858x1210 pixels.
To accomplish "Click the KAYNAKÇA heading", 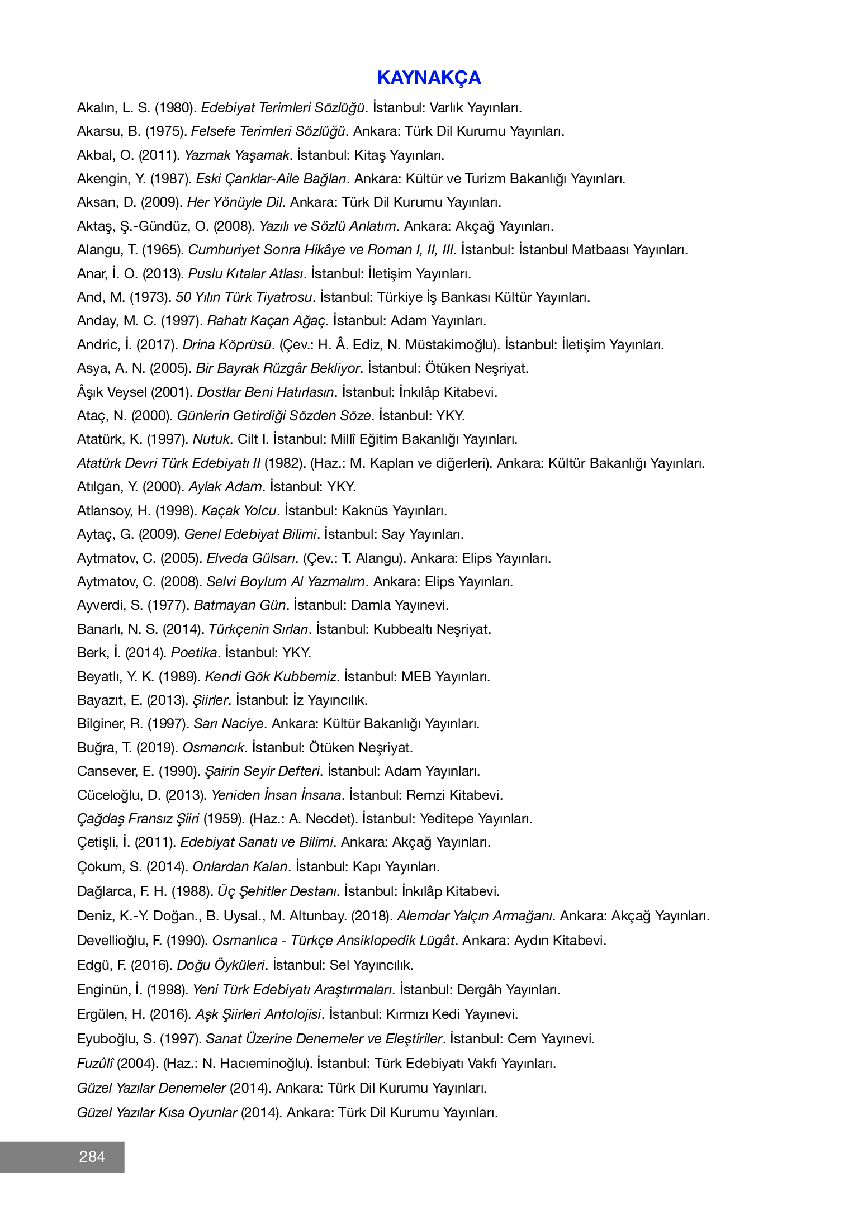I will click(x=429, y=78).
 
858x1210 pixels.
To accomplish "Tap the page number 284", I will click(x=92, y=1156).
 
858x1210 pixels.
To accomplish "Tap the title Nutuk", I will click(x=211, y=439).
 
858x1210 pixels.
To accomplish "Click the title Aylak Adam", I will click(x=225, y=487).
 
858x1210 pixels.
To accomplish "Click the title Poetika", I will click(x=194, y=653).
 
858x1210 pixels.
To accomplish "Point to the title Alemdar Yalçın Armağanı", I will click(x=475, y=916).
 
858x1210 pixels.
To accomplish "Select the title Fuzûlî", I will click(x=95, y=1064).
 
